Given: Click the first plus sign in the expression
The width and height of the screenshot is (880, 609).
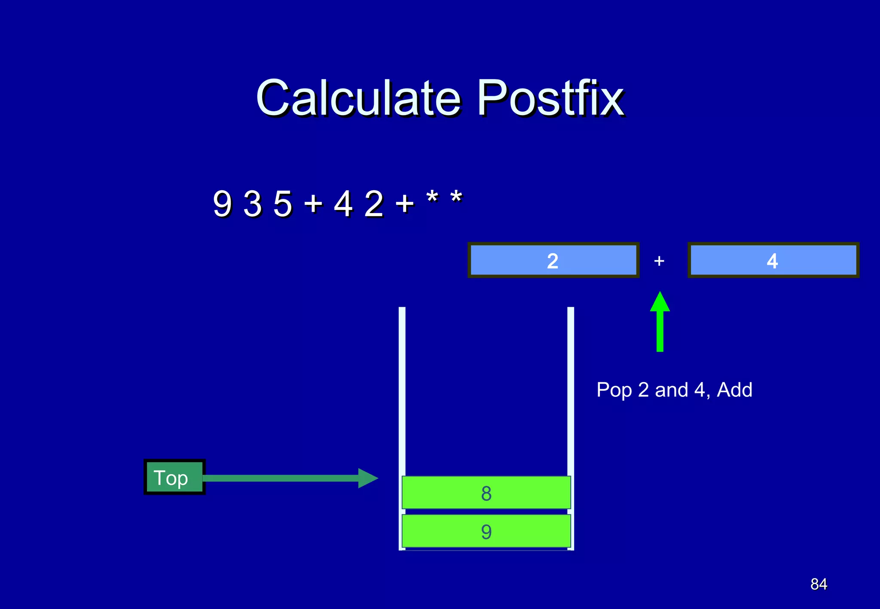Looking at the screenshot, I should tap(313, 204).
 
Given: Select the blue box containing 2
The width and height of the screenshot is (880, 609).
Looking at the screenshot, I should tap(553, 260).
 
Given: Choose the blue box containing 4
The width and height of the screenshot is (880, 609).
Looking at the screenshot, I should tap(773, 260).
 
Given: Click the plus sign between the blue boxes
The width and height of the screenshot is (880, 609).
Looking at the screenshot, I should tap(659, 261).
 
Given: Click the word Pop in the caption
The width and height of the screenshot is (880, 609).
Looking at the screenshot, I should tap(614, 390).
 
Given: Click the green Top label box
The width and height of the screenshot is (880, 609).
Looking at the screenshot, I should tap(174, 477).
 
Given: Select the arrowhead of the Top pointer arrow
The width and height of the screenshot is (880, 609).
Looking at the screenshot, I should tap(368, 478).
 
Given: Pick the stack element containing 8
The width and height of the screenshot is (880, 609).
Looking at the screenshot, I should tap(486, 493).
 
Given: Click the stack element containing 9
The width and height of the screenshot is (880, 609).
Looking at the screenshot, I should tap(486, 531).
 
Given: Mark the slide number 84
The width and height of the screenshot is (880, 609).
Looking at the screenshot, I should tap(819, 584).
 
